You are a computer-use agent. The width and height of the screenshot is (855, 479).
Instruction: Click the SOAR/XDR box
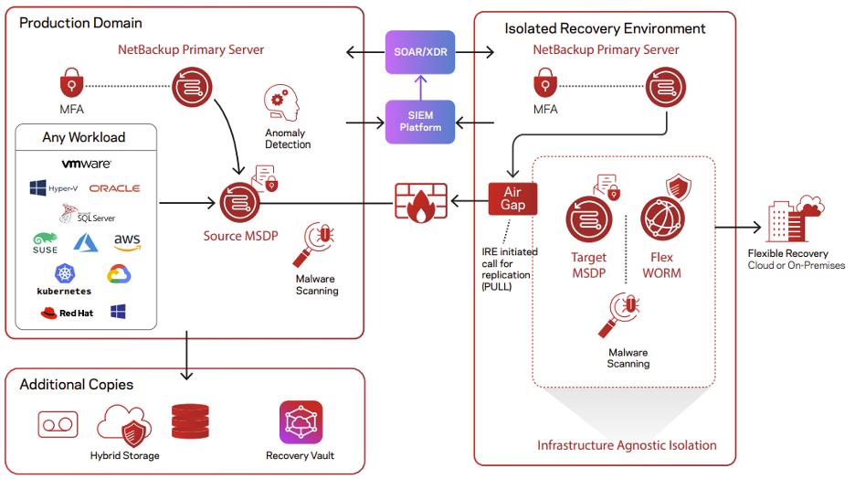pyautogui.click(x=420, y=52)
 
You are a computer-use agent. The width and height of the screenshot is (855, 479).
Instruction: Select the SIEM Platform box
pyautogui.click(x=420, y=122)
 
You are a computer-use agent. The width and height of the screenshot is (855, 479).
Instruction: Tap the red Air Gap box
pyautogui.click(x=512, y=198)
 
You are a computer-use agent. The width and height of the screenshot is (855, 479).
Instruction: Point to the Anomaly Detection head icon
pyautogui.click(x=282, y=106)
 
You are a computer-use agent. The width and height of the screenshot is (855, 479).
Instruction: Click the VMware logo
pyautogui.click(x=86, y=165)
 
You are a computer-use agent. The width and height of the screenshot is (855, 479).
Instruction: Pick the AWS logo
pyautogui.click(x=127, y=243)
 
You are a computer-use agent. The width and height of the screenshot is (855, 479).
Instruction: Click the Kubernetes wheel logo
pyautogui.click(x=64, y=272)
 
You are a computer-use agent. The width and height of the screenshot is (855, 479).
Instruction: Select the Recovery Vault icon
pyautogui.click(x=301, y=422)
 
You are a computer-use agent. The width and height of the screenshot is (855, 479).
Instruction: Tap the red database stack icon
pyautogui.click(x=190, y=421)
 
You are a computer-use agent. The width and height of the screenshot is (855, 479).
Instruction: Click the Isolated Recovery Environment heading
pyautogui.click(x=605, y=28)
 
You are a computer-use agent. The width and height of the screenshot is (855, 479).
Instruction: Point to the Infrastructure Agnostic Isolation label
pyautogui.click(x=627, y=445)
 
